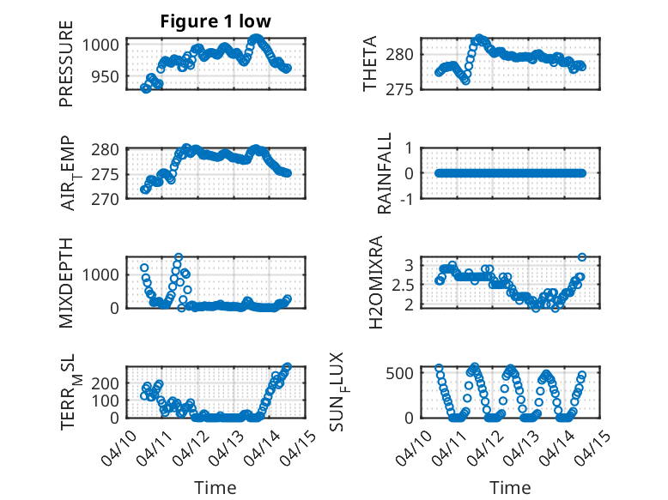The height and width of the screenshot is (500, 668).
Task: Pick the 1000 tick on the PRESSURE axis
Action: tap(104, 44)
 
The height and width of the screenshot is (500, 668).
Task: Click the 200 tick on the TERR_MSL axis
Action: tap(108, 384)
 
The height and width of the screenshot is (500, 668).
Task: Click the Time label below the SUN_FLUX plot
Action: tap(511, 487)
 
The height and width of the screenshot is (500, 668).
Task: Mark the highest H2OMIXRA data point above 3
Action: tap(581, 257)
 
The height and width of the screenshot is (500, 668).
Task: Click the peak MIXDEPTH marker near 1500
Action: tap(179, 257)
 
